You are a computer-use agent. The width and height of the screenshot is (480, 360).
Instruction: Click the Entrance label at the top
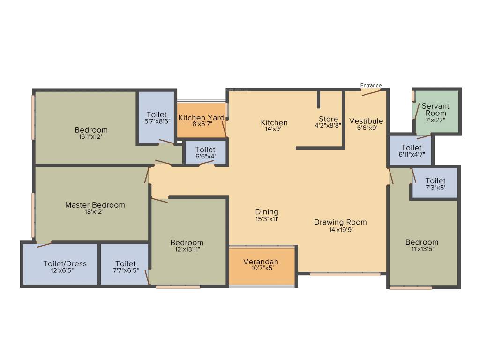371,85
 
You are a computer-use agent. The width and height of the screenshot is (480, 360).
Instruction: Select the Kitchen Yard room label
202,118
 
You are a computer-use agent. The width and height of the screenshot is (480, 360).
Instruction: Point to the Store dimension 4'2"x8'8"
328,126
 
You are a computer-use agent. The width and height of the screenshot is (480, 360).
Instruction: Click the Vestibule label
366,121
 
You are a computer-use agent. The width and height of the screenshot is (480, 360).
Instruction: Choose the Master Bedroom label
95,205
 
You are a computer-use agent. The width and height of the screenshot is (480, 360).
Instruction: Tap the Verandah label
261,262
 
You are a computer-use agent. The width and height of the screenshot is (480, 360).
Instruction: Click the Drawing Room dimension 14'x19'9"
340,229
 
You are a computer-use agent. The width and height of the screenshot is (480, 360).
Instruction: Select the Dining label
267,212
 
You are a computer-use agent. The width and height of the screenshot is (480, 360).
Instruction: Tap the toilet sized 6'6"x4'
205,153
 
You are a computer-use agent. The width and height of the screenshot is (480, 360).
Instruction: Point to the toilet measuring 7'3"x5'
435,184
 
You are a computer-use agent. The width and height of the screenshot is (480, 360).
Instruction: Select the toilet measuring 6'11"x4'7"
412,151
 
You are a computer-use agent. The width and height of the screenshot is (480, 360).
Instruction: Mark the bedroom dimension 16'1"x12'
91,137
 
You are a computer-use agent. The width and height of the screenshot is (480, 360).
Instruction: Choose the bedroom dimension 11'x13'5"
422,249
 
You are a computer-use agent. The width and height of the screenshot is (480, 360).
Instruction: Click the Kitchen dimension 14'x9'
274,130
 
